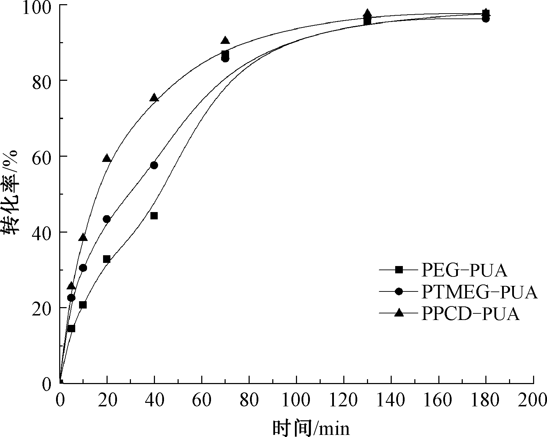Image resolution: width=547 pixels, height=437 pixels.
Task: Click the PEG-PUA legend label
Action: click(464, 270)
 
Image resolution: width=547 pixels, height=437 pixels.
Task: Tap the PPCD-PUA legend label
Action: click(470, 313)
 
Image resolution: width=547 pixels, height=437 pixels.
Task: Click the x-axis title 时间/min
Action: click(311, 428)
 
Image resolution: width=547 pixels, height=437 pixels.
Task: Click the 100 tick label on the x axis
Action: click(296, 400)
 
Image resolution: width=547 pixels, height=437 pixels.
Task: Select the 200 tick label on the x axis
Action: click(533, 400)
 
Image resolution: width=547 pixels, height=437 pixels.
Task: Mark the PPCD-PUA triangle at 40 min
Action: click(154, 97)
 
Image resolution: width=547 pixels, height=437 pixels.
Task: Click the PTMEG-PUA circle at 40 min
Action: click(154, 165)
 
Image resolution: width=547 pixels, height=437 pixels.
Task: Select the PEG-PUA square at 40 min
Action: click(154, 216)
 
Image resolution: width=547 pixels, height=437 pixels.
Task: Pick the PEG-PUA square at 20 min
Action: click(107, 259)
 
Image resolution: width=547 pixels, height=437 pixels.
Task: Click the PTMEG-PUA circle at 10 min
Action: click(83, 268)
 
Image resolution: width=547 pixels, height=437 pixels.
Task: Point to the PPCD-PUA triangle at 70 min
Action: click(225, 40)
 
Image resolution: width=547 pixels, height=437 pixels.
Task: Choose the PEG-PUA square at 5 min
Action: click(71, 328)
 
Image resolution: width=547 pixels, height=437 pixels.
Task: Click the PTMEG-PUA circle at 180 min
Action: click(486, 19)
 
